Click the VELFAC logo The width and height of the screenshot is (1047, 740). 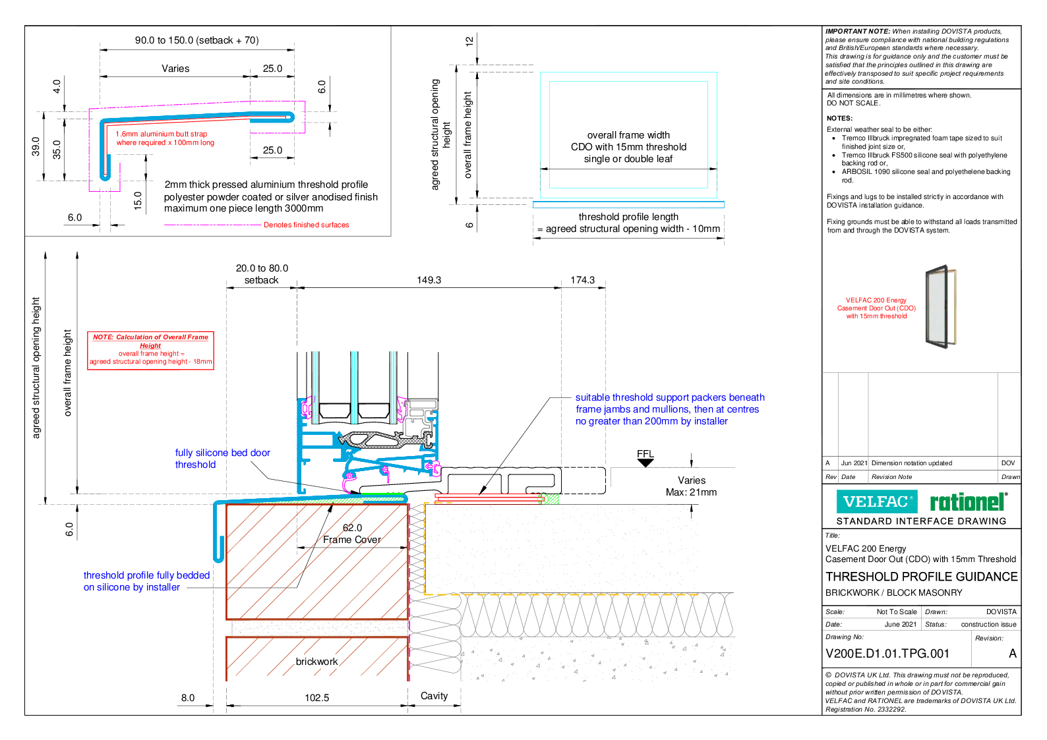click(x=876, y=501)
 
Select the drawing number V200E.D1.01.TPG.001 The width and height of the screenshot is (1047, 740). click(x=887, y=654)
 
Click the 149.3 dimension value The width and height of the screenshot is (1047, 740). click(x=429, y=280)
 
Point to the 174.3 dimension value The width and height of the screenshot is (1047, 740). click(x=582, y=280)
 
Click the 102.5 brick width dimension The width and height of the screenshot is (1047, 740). click(x=316, y=697)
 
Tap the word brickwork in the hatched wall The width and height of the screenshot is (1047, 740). click(x=316, y=662)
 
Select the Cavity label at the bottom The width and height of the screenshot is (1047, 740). click(x=434, y=696)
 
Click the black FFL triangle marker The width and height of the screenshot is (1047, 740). click(x=645, y=463)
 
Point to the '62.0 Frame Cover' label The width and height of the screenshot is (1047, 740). click(x=352, y=534)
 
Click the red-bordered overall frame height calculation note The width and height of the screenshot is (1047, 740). click(x=150, y=350)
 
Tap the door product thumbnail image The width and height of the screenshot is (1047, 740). click(x=940, y=306)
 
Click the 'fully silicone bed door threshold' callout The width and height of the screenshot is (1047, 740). click(x=222, y=459)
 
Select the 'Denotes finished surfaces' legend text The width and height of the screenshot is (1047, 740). click(x=306, y=225)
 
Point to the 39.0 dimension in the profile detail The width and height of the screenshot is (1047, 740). click(x=36, y=146)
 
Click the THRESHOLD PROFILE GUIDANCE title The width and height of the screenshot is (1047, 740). click(x=921, y=577)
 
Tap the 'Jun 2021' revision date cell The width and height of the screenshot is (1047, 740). click(x=854, y=463)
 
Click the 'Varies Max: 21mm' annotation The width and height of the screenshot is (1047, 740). click(x=691, y=486)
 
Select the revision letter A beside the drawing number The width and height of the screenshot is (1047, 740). click(x=1012, y=654)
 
